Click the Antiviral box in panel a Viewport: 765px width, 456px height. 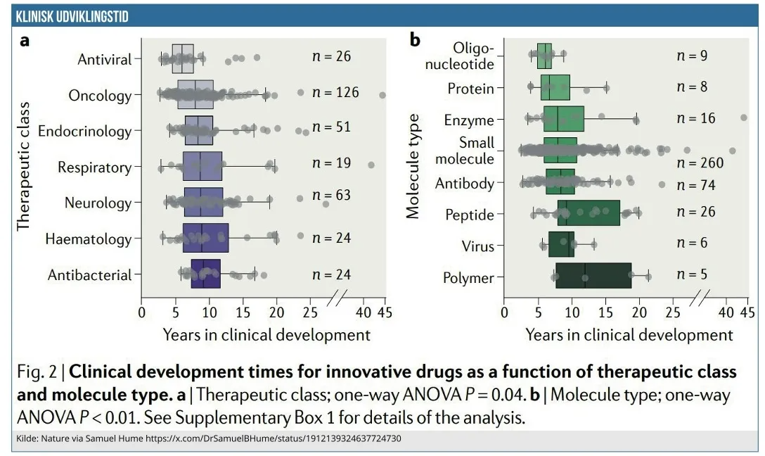tap(183, 58)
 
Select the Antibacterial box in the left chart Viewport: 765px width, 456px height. tap(205, 274)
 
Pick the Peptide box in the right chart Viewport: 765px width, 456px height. tap(589, 213)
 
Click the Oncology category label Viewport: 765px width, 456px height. tap(100, 95)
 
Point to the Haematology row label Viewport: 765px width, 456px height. tap(89, 239)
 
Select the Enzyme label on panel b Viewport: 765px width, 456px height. tap(469, 120)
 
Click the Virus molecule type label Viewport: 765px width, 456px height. tap(478, 246)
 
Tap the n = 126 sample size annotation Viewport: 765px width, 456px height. tap(335, 92)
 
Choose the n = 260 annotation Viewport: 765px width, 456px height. tap(700, 163)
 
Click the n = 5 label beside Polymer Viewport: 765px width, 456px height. tap(692, 274)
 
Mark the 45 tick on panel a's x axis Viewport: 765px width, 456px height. tap(382, 312)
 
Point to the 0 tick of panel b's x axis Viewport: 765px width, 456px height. tap(504, 312)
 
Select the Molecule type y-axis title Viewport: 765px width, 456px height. tap(413, 165)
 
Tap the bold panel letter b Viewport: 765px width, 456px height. tap(415, 40)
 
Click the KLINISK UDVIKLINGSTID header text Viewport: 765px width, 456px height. tap(73, 16)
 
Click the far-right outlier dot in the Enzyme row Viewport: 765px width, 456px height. tap(744, 118)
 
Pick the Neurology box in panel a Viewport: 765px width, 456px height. tap(203, 202)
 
